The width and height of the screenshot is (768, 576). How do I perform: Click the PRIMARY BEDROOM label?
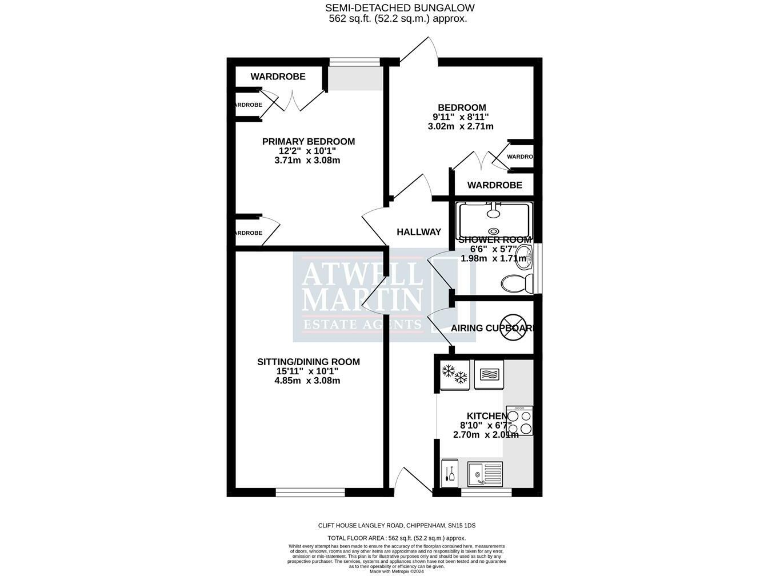(308, 141)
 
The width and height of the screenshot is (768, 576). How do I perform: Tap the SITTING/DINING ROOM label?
(308, 361)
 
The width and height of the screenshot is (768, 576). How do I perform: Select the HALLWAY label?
(418, 232)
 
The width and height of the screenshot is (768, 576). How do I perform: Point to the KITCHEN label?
(488, 415)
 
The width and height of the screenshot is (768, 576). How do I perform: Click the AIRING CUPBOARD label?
(492, 328)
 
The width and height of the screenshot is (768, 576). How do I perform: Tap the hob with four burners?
(519, 420)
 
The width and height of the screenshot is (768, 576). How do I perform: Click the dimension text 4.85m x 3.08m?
(308, 380)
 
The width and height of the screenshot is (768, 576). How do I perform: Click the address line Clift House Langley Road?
(383, 523)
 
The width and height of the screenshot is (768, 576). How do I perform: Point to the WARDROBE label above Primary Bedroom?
(277, 77)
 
